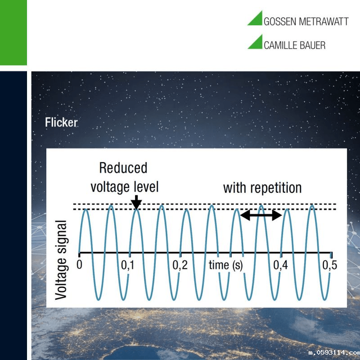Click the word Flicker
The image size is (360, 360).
tap(61, 122)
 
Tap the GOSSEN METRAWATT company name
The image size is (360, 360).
tap(306, 22)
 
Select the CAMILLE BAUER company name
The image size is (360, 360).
tap(295, 45)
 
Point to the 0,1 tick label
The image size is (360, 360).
tap(127, 265)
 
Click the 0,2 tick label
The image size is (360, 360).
tap(180, 265)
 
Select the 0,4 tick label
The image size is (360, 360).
tap(280, 265)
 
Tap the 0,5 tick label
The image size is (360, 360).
tap(330, 265)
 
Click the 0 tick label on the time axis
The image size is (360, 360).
tap(79, 265)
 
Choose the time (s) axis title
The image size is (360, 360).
tap(226, 265)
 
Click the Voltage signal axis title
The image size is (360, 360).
tap(61, 260)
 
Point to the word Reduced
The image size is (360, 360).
tap(123, 168)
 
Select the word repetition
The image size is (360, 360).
tap(276, 189)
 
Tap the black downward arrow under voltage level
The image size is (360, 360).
tap(136, 202)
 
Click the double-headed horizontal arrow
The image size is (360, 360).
tap(261, 215)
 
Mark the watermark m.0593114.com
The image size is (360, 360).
tap(334, 352)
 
